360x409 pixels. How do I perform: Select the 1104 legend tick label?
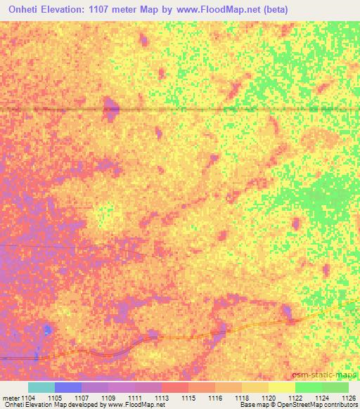(28, 397)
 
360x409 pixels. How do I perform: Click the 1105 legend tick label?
(55, 397)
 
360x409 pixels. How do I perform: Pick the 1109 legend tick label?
(108, 397)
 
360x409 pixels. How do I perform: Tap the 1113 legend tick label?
(162, 397)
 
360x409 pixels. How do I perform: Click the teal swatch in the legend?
(41, 387)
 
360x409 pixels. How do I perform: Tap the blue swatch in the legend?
(68, 387)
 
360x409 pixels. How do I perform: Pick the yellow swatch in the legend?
(282, 387)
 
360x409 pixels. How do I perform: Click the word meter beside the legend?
(10, 397)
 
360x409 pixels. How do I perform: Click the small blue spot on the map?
(46, 329)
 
